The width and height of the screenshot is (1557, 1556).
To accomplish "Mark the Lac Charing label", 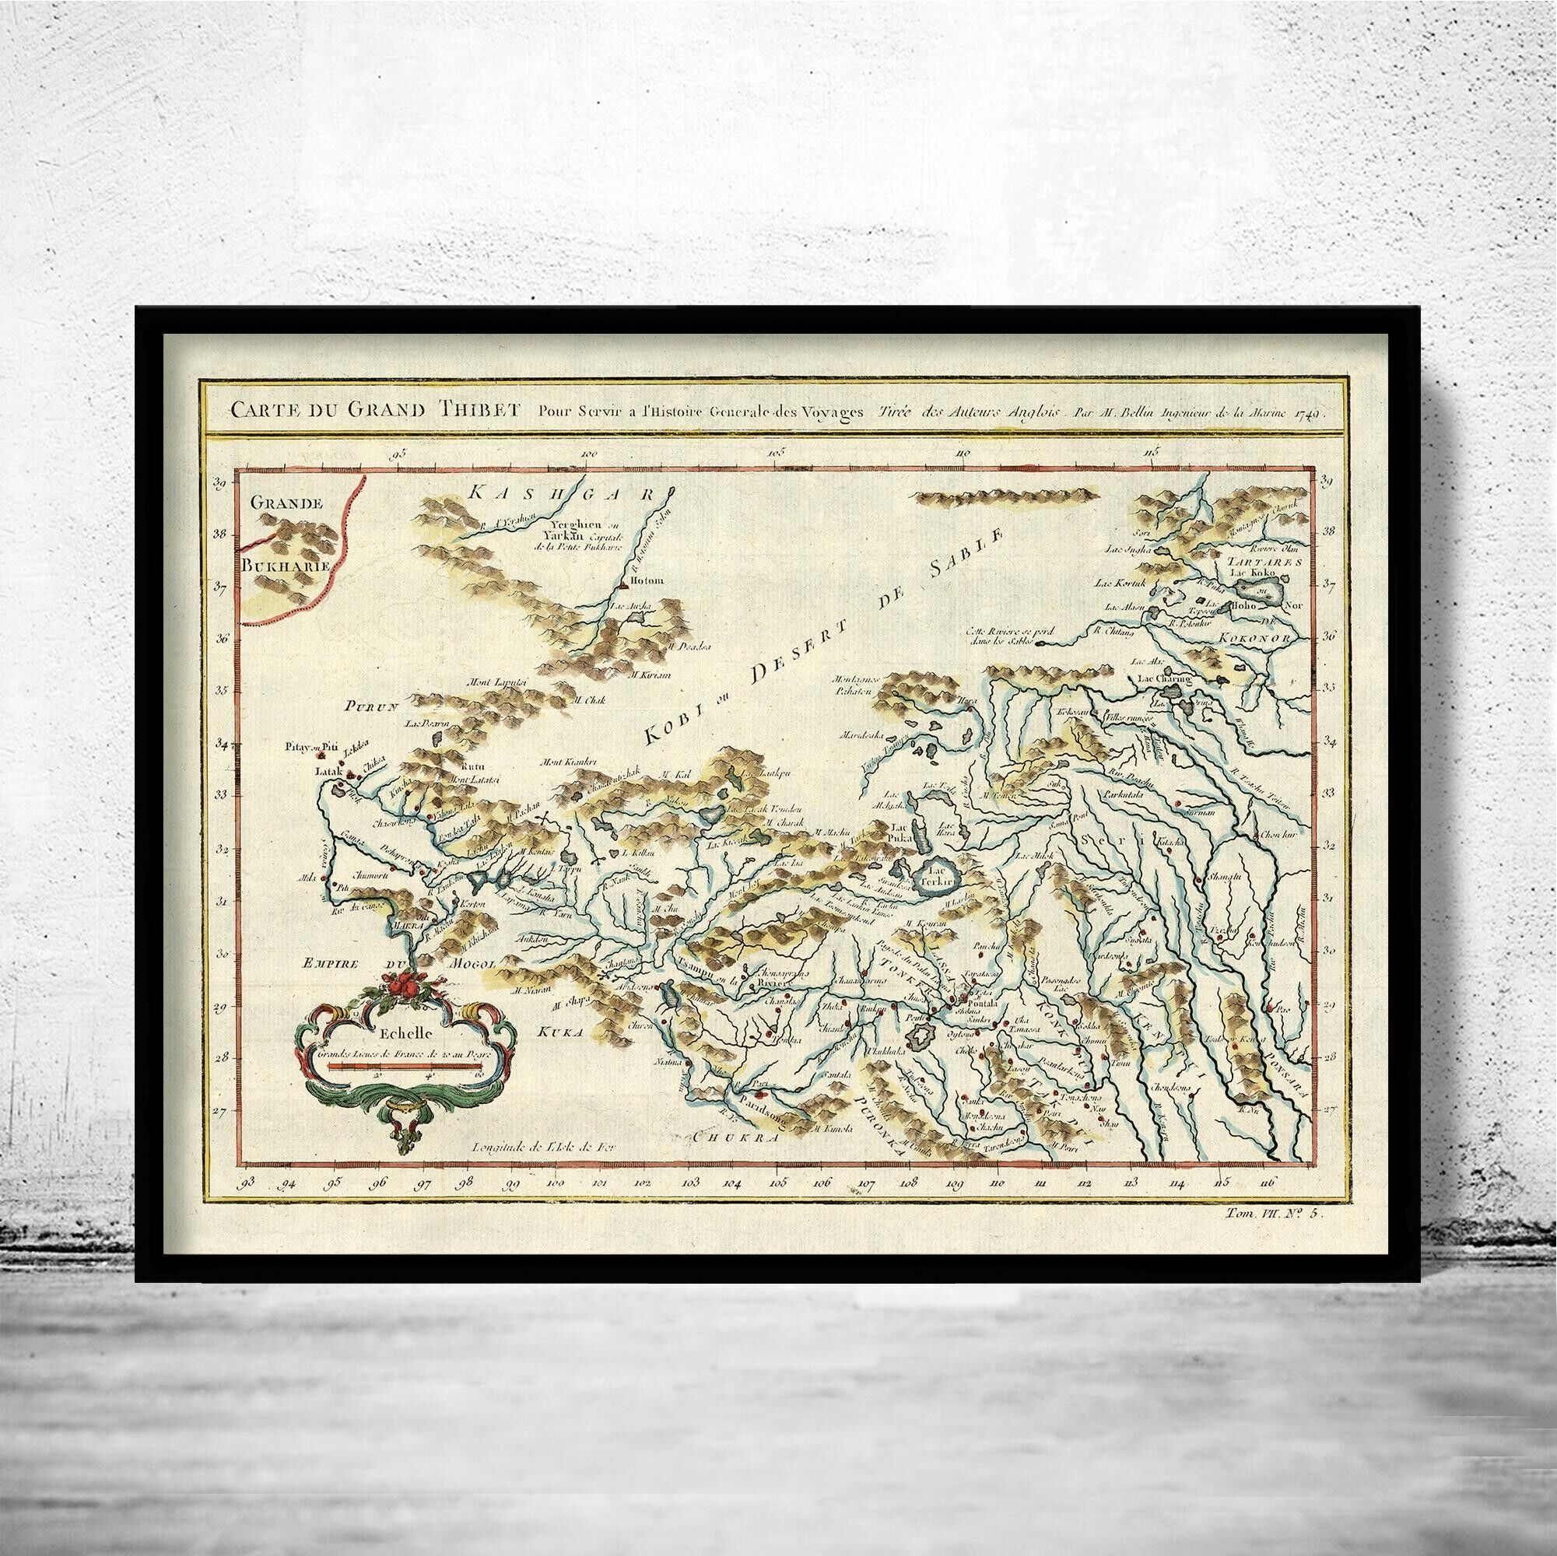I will (x=1163, y=679).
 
